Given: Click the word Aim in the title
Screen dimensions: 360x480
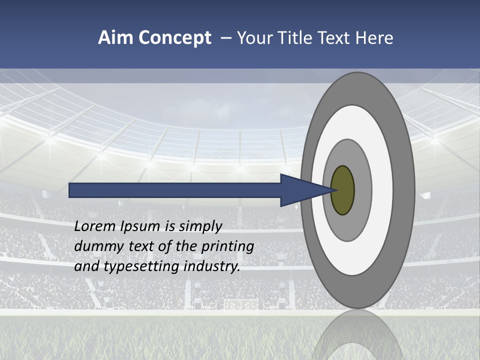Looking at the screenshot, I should pyautogui.click(x=115, y=38).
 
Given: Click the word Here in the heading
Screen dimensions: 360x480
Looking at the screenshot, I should pyautogui.click(x=374, y=38).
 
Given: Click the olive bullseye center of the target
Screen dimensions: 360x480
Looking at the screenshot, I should pyautogui.click(x=343, y=190).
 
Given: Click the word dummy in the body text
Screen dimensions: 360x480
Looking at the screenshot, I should pyautogui.click(x=97, y=246).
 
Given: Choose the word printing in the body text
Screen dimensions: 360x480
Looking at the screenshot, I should pyautogui.click(x=227, y=247).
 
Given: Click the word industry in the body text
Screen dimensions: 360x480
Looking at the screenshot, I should pyautogui.click(x=211, y=266).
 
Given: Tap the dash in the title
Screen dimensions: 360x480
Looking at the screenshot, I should pyautogui.click(x=226, y=38).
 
